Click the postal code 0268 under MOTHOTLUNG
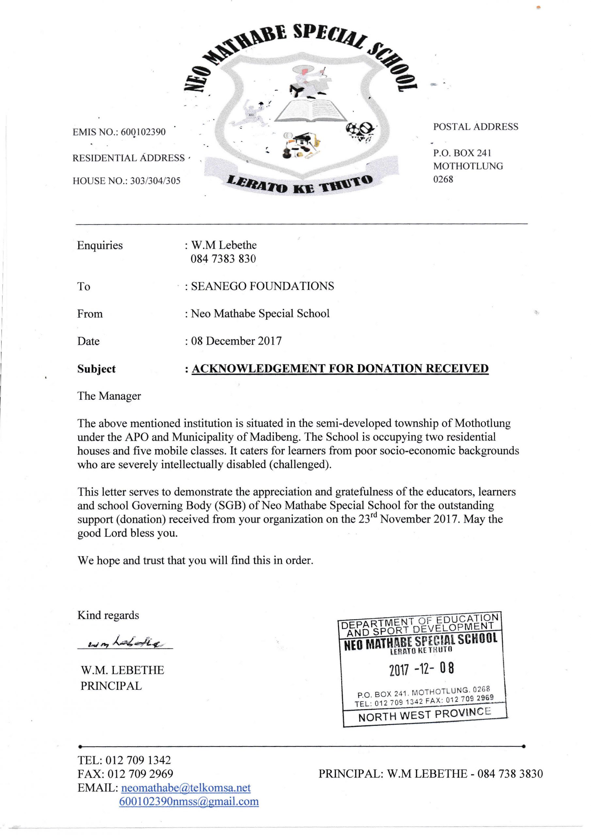click(x=443, y=179)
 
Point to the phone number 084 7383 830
click(x=223, y=259)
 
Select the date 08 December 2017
click(x=236, y=341)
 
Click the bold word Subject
click(x=96, y=369)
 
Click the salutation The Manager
click(x=109, y=396)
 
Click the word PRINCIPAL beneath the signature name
click(x=111, y=686)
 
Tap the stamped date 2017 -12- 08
click(x=422, y=669)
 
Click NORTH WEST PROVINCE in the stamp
click(x=424, y=715)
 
